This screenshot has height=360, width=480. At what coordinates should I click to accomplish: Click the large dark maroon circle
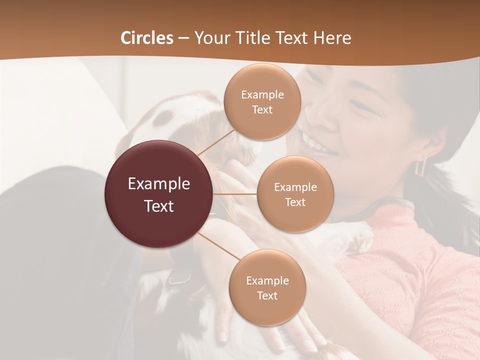(x=158, y=194)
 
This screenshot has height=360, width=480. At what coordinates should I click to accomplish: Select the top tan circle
(x=262, y=101)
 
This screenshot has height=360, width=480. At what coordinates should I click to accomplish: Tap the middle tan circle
(x=295, y=194)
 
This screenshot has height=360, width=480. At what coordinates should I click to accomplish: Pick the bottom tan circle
(x=267, y=287)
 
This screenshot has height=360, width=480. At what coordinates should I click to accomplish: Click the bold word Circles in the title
(x=147, y=38)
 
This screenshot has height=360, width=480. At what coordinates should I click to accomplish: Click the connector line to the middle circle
(x=234, y=194)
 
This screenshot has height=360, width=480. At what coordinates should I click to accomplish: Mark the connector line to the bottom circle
(x=219, y=247)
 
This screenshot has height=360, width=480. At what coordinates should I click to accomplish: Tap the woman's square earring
(x=420, y=166)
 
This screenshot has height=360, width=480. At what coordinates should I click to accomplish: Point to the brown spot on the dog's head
(x=163, y=118)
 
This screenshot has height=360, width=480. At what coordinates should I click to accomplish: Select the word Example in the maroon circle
(x=158, y=184)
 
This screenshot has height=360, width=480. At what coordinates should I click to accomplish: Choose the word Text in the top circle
(x=262, y=110)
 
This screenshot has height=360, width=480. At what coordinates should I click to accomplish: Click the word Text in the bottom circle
(x=267, y=296)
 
